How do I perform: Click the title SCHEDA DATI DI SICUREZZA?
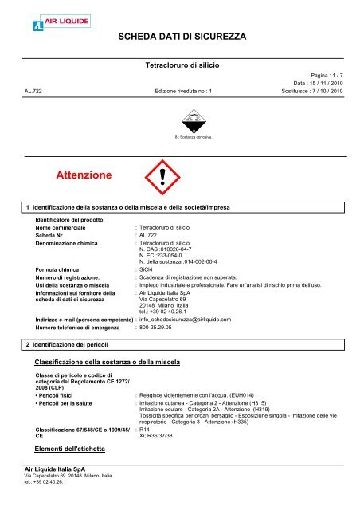[x=182, y=37]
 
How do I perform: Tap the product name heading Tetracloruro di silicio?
[x=179, y=63]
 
